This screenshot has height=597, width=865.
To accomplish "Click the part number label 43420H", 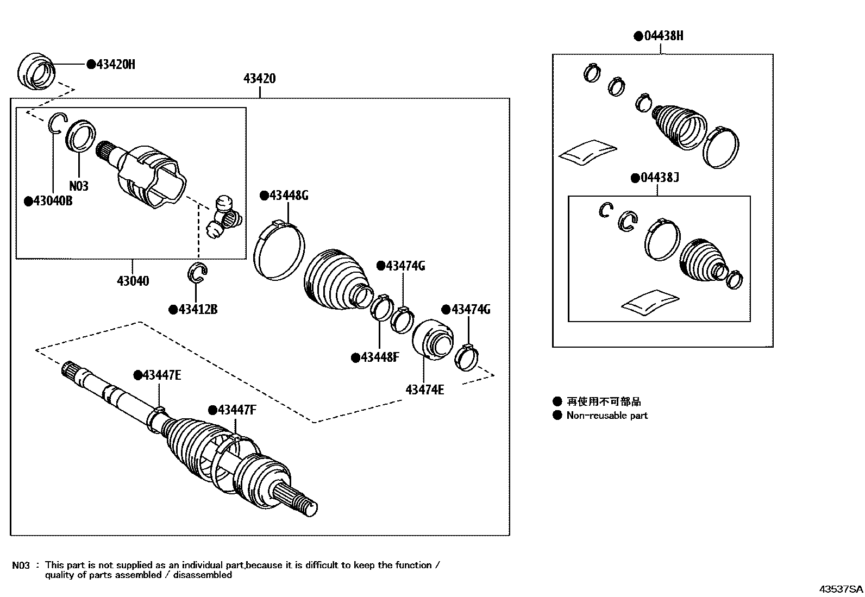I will click(x=115, y=65).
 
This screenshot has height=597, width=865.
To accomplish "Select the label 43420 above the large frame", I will click(x=259, y=79).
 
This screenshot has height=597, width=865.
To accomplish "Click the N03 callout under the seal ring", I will click(x=79, y=186).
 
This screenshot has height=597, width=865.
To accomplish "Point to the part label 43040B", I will click(x=52, y=201).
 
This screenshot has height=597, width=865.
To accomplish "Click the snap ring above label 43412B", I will click(x=198, y=273).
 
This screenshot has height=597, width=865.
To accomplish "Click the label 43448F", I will click(x=379, y=357).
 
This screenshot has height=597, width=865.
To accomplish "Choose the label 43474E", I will click(x=424, y=389).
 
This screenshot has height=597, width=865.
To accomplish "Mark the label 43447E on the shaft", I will click(x=161, y=375).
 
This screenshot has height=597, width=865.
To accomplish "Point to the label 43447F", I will click(x=236, y=410).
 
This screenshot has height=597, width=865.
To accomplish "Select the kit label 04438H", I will click(x=663, y=36).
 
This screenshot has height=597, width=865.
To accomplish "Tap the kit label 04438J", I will click(x=659, y=178).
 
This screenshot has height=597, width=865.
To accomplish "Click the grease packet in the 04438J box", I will click(x=650, y=303).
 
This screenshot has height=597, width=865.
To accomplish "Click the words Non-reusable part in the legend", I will click(x=607, y=416).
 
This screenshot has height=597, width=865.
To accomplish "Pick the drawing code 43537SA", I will click(x=841, y=589).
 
